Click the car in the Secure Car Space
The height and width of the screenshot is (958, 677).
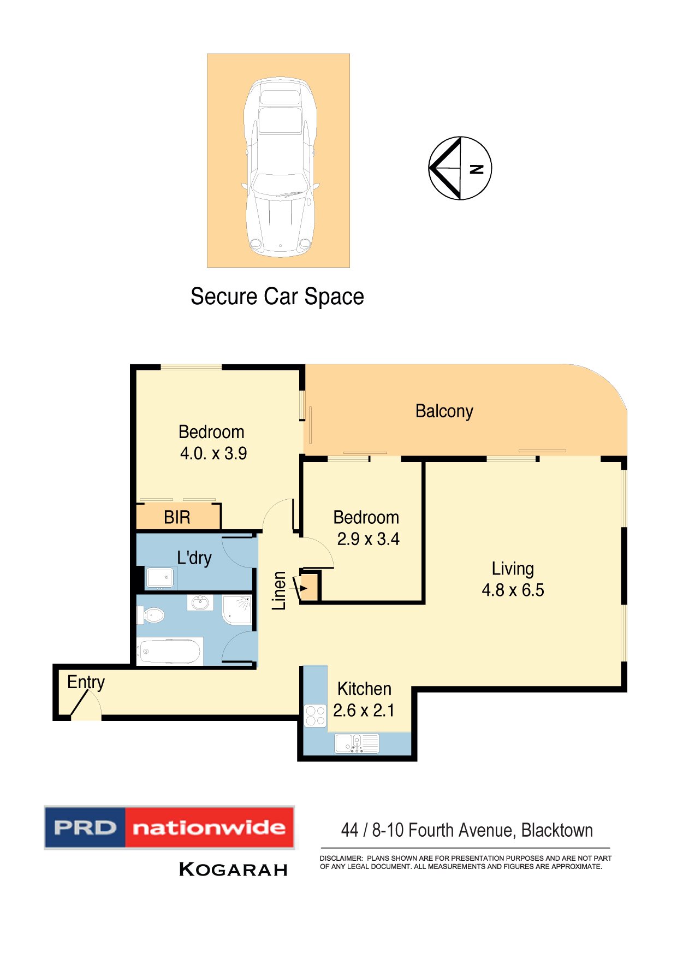point(280,167)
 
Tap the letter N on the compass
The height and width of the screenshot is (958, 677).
point(477,169)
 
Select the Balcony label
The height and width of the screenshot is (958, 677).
point(444,411)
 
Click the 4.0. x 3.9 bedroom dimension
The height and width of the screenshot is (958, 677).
point(213,453)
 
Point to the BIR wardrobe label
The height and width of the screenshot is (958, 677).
point(177,517)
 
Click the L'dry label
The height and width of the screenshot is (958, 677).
point(194,558)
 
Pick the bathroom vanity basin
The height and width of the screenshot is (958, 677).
point(200,603)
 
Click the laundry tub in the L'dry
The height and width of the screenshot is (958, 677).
point(160,577)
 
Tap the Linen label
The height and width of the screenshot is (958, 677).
point(280,590)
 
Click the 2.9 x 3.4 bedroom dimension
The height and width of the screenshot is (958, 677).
point(368,539)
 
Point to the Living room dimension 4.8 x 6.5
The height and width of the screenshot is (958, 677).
point(513,590)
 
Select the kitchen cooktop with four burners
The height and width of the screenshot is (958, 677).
point(315,715)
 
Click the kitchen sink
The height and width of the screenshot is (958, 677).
point(357,743)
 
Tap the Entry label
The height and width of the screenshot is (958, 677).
point(86,682)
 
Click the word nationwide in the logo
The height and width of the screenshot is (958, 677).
point(209,827)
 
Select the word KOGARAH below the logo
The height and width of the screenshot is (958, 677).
point(233,870)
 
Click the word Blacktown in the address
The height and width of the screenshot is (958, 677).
point(557,830)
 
